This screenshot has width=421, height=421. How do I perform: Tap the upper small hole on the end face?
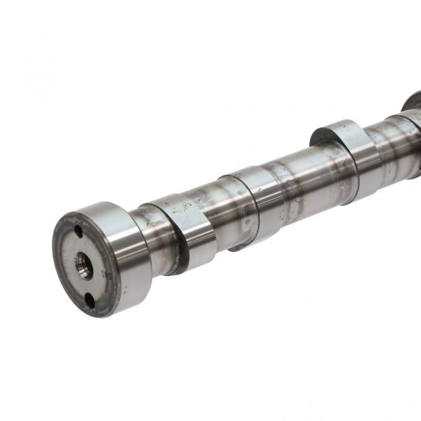[78, 230]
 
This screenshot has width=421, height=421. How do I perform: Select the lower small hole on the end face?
[89, 300]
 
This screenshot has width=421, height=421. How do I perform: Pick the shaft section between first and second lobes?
[221, 210]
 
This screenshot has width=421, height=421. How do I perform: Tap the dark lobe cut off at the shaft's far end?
[413, 100]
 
